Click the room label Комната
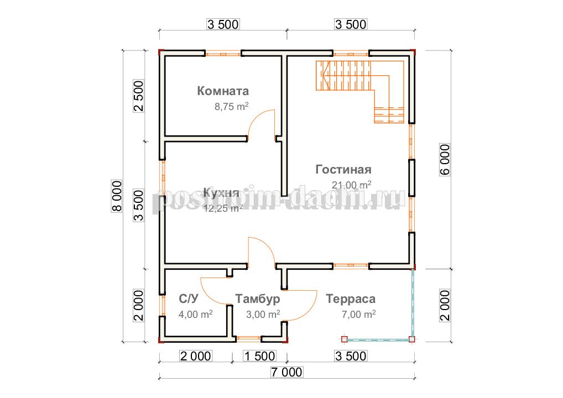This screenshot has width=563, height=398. (x=223, y=91)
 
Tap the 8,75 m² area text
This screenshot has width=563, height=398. (x=232, y=107)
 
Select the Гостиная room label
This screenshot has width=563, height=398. (x=343, y=169)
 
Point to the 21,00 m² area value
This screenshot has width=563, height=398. (x=351, y=185)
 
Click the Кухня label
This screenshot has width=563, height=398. (x=221, y=192)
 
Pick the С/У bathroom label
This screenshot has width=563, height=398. (x=189, y=298)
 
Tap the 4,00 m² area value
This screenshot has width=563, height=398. (x=195, y=315)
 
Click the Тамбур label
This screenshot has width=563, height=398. (x=258, y=298)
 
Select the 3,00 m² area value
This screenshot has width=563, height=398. (x=263, y=315)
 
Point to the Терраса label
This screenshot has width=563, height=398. (x=351, y=298)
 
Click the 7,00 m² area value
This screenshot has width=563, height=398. (x=358, y=315)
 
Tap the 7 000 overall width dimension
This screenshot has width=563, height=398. (x=286, y=372)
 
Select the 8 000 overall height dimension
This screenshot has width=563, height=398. (x=117, y=196)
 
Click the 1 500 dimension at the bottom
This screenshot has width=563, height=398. (x=259, y=356)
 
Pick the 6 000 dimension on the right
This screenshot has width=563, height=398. (x=445, y=160)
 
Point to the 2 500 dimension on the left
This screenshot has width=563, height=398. (x=139, y=96)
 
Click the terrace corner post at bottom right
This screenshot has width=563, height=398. (x=412, y=338)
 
